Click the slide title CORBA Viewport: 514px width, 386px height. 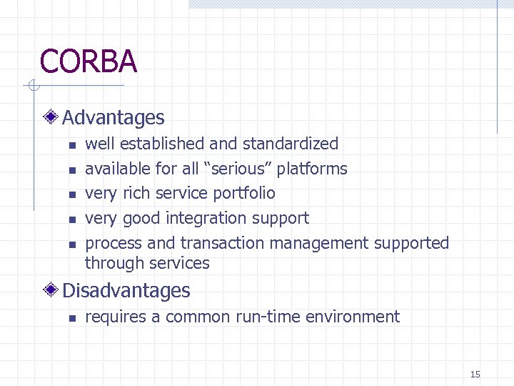[x=89, y=61]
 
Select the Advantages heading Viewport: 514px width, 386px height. [x=114, y=118]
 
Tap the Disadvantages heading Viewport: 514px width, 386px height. [x=126, y=291]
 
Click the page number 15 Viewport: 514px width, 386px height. [x=475, y=374]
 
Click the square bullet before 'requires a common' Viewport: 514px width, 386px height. [x=72, y=318]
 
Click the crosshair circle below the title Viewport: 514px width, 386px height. [x=32, y=86]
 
